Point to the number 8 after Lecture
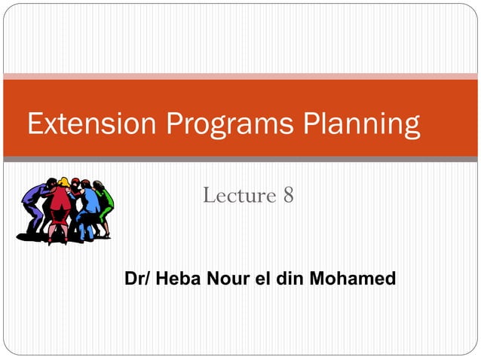pyautogui.click(x=288, y=195)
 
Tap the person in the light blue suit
pyautogui.click(x=89, y=208)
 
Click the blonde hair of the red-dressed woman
pyautogui.click(x=64, y=183)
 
